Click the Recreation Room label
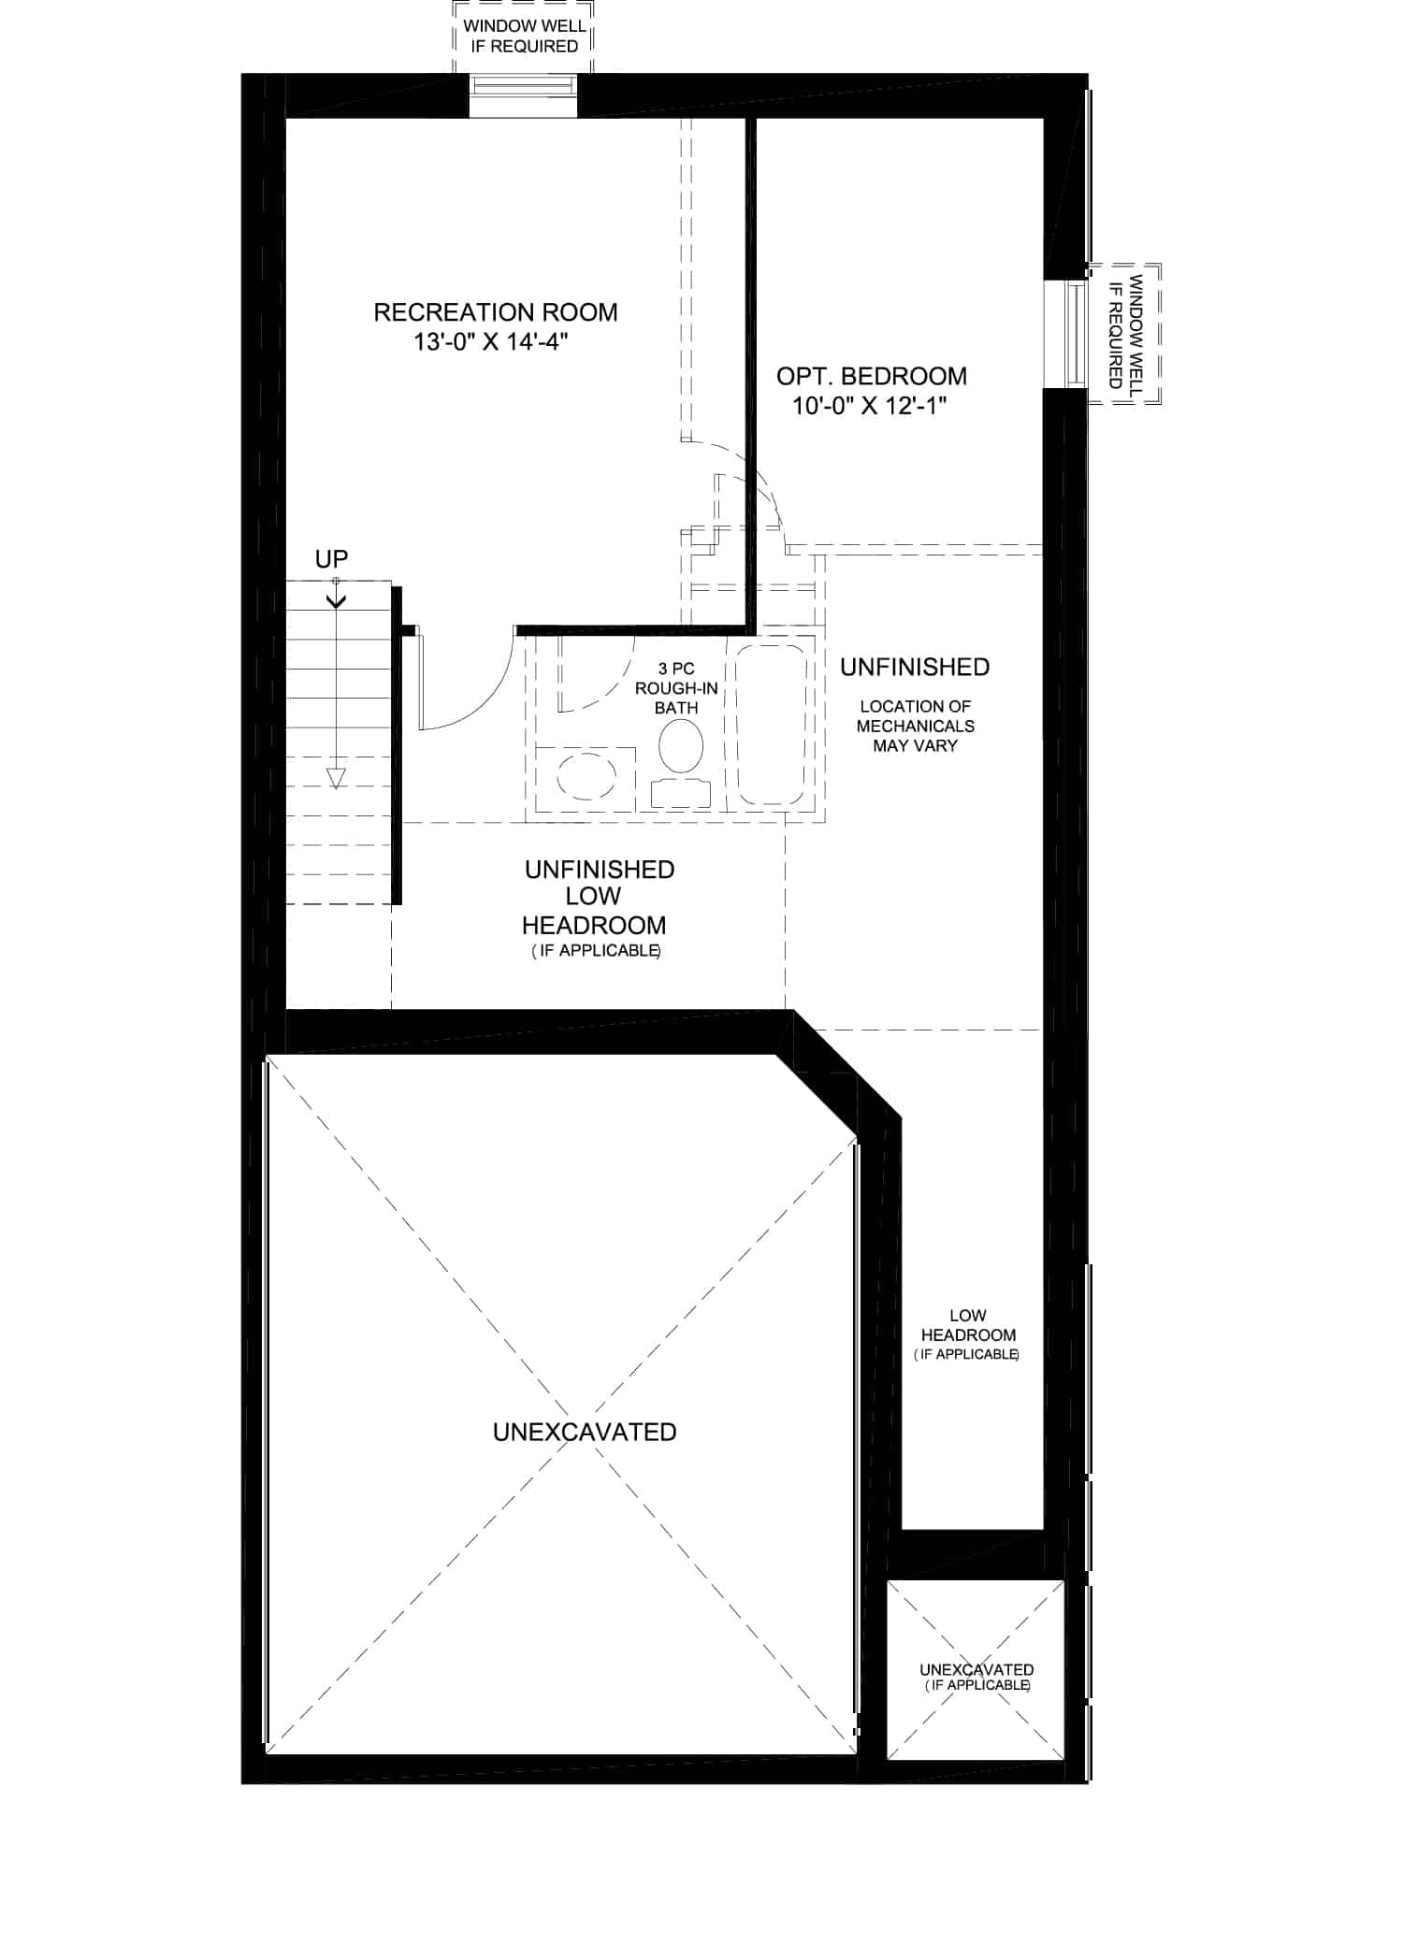coord(496,312)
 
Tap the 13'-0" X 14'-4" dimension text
coord(492,342)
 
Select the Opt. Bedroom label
coord(872,377)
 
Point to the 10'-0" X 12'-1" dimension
coord(871,407)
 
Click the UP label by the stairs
coord(332,559)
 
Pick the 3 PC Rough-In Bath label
coord(676,688)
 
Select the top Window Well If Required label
coord(525,36)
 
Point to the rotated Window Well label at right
coord(1125,332)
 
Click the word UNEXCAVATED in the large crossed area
coord(585,1432)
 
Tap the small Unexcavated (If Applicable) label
coord(976,1677)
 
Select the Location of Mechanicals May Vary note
coord(916,726)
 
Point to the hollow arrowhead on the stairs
coord(335,778)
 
